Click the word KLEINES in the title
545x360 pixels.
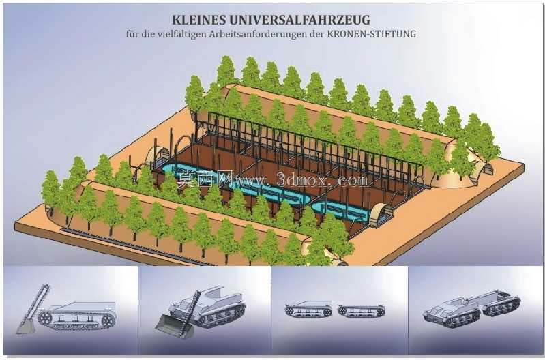pyautogui.click(x=197, y=20)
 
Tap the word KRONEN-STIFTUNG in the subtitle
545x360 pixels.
pyautogui.click(x=372, y=34)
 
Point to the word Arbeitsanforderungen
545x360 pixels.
pyautogui.click(x=267, y=34)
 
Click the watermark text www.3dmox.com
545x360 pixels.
pyautogui.click(x=301, y=180)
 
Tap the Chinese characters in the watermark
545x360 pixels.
pyautogui.click(x=204, y=179)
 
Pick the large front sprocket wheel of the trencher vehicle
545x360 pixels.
pyautogui.click(x=44, y=318)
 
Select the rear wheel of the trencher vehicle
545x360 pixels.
pyautogui.click(x=108, y=320)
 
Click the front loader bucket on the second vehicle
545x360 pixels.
pyautogui.click(x=170, y=326)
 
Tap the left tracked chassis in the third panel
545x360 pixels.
pyautogui.click(x=308, y=309)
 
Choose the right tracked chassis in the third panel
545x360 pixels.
pyautogui.click(x=361, y=310)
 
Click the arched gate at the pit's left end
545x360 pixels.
pyautogui.click(x=156, y=155)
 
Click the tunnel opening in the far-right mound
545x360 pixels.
pyautogui.click(x=486, y=167)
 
